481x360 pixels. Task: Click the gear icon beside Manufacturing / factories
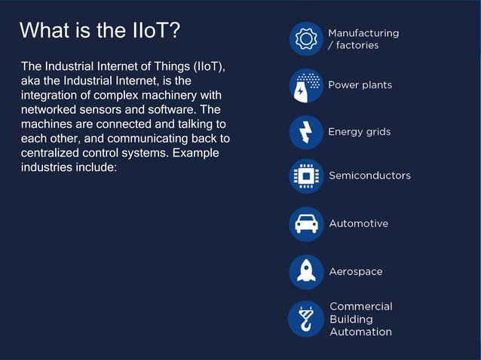[306, 38]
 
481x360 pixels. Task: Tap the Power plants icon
[306, 86]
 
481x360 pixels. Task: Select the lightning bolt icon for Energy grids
[306, 133]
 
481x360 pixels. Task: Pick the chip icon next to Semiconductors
[306, 176]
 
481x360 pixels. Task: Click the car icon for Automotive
[306, 224]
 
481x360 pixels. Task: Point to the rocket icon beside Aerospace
[306, 272]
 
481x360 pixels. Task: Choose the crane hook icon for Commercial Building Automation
[306, 319]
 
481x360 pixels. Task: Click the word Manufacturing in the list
[363, 33]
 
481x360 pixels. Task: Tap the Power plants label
[360, 85]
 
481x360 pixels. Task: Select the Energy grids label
[359, 133]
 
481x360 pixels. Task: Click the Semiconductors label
[369, 175]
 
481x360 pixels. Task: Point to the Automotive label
[358, 224]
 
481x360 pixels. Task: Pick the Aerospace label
[355, 272]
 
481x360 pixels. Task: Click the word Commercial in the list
[360, 307]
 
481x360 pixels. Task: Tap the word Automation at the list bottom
[360, 332]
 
